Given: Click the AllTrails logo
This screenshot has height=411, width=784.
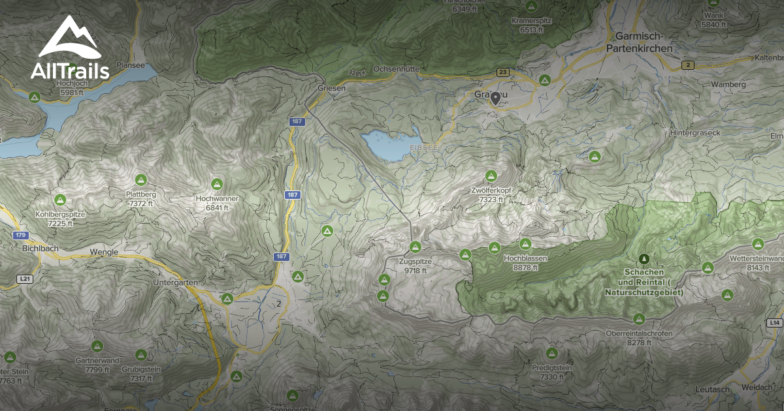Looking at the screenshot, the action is point(69,50).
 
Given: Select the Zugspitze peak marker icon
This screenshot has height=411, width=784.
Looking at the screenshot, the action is point(415,247).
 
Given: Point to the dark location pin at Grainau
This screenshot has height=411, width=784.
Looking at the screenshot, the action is point(496,99).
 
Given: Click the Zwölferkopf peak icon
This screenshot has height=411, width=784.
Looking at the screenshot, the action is point(491,176).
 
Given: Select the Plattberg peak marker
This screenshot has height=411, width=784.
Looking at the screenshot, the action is point(140,179).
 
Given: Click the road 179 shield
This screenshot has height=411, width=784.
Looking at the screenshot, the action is point(21,235).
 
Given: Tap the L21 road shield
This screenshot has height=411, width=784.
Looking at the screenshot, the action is point(25,279).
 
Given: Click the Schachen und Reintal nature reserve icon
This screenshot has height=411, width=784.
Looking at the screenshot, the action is point(644,259).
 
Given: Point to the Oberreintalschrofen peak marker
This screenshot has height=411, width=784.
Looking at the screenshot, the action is point(639,318).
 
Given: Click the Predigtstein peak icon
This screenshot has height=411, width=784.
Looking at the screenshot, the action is point(552,354).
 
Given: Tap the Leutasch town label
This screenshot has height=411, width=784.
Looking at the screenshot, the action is point(711,389).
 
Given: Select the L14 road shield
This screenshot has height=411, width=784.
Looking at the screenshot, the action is point(775,322).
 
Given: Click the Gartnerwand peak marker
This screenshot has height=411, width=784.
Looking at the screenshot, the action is point(97,345).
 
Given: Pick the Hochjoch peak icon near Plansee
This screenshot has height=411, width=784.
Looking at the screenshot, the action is point(35,97).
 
